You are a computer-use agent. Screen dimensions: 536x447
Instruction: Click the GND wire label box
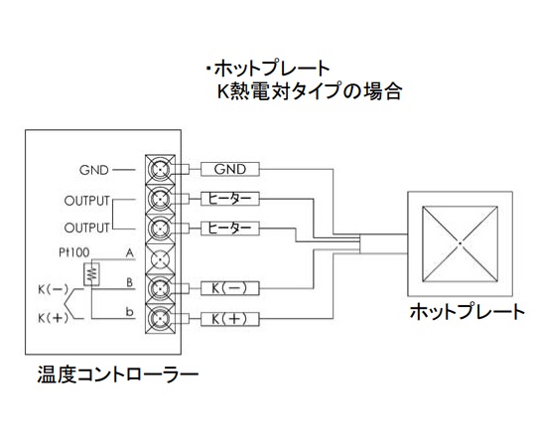coord(229,169)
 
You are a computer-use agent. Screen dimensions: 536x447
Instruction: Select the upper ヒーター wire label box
coord(229,199)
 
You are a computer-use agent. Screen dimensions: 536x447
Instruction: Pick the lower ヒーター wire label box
coord(229,228)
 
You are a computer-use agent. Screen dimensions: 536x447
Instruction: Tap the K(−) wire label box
coord(229,288)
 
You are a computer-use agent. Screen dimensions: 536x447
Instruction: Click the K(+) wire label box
coord(229,319)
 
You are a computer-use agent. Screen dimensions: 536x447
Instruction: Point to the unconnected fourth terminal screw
coord(160,259)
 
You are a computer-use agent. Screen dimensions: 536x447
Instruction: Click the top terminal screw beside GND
coord(160,169)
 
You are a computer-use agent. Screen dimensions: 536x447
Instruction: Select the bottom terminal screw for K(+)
coord(160,319)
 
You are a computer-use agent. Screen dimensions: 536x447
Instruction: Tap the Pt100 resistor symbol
coord(91,274)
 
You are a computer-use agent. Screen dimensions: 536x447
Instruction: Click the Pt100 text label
coord(74,252)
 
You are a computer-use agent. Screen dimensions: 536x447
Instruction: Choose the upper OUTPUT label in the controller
coord(86,201)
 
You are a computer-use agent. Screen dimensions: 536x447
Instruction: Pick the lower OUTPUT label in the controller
coord(86,227)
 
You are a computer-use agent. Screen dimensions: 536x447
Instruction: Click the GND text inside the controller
coord(93,170)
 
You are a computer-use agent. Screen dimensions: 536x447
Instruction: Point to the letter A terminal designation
coord(130,253)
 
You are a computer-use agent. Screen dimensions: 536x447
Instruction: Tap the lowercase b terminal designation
coord(130,312)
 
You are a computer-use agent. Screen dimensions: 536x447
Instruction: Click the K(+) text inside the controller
coord(53,319)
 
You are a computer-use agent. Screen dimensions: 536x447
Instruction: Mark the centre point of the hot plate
coord(461,243)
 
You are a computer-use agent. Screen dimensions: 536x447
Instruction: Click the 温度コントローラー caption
coord(118,374)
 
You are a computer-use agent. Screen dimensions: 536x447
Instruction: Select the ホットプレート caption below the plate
coord(467,312)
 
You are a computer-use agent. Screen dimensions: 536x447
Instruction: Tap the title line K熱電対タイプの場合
coord(310,91)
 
